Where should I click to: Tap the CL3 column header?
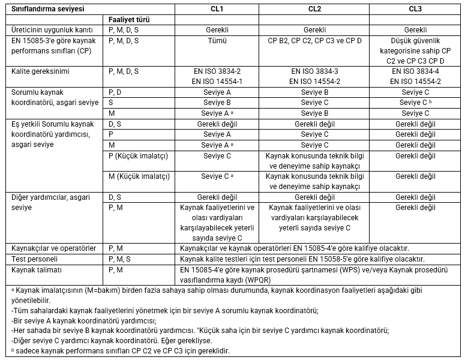point(415,9)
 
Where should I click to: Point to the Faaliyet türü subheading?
point(129,19)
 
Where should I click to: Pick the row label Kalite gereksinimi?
point(40,71)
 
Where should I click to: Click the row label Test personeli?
point(35,259)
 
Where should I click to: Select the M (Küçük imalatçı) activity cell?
point(139,176)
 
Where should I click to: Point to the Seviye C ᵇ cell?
point(415,103)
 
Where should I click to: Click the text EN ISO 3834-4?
point(415,71)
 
